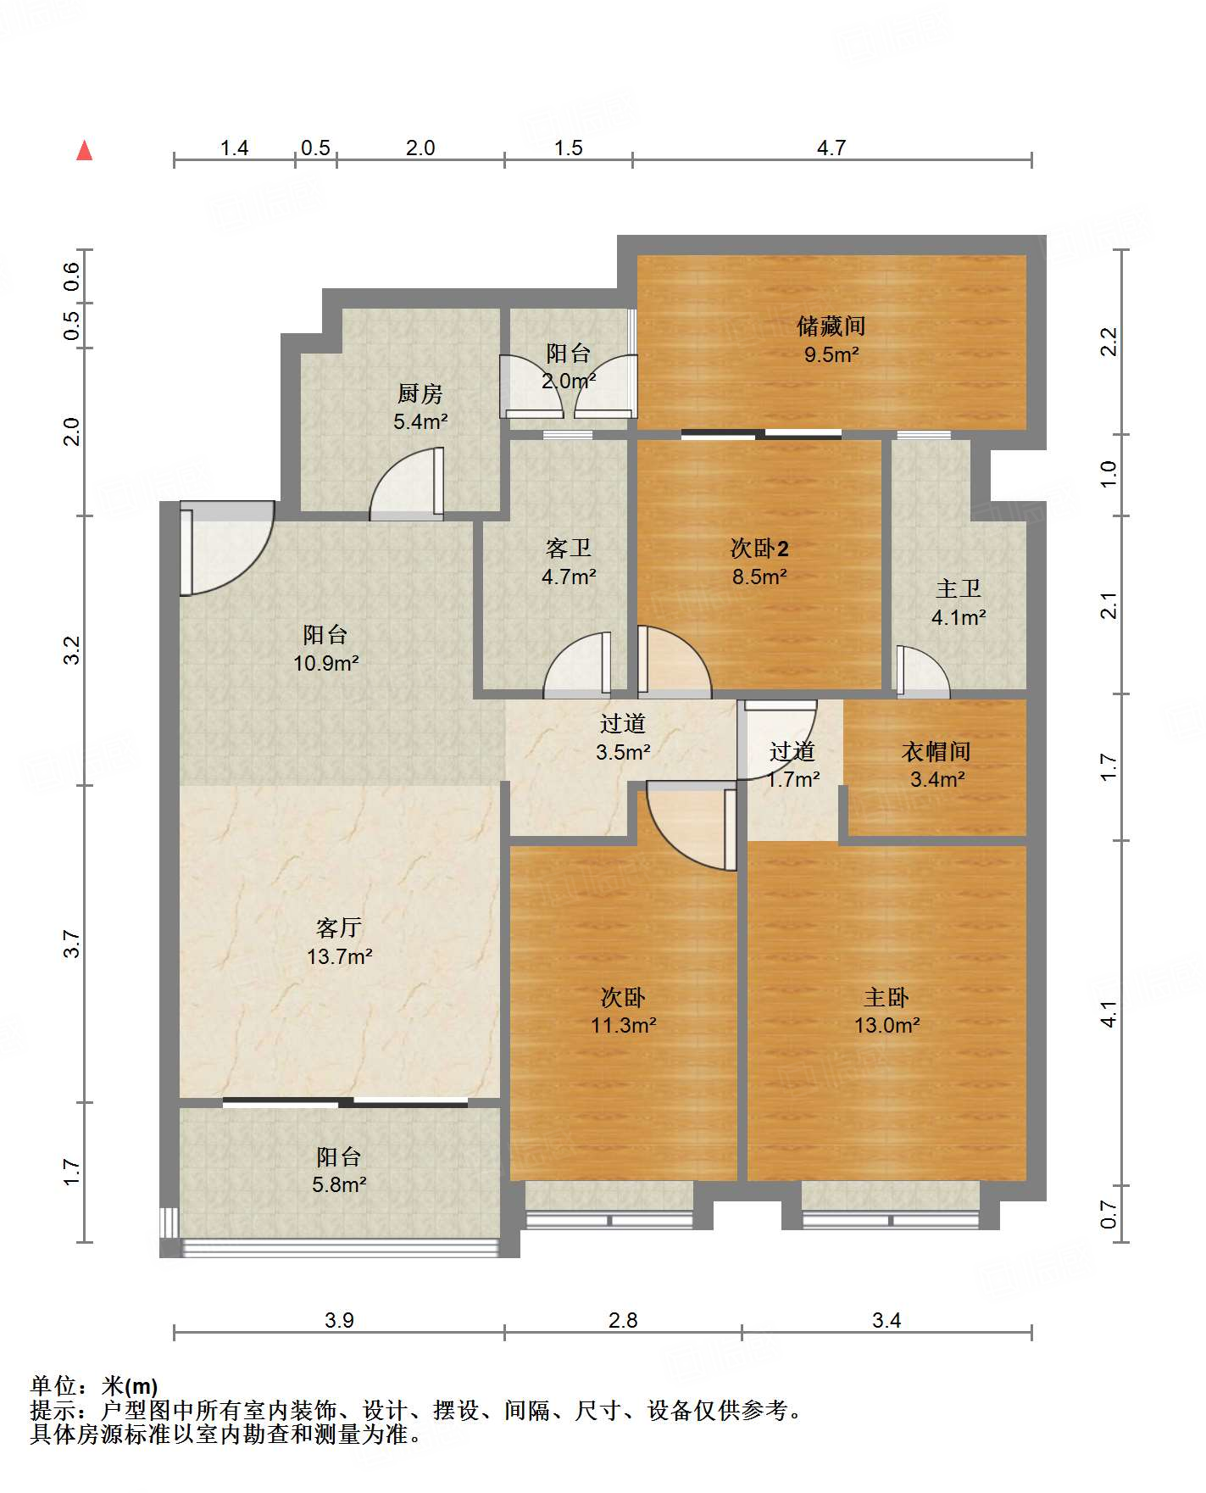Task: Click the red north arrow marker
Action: click(x=84, y=150)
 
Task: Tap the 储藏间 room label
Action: click(x=831, y=326)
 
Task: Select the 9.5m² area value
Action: click(x=831, y=354)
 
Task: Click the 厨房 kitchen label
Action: click(x=420, y=393)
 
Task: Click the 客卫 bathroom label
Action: click(x=569, y=549)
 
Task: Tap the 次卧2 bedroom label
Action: click(x=759, y=549)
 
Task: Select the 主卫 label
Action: click(x=959, y=589)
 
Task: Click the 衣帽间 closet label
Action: click(x=936, y=751)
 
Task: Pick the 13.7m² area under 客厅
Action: click(x=340, y=956)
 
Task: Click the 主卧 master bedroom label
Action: click(x=886, y=997)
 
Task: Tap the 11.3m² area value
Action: click(x=624, y=1025)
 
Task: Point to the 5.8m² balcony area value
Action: click(x=339, y=1184)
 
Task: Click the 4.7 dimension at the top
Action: click(x=831, y=148)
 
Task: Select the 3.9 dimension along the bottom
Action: click(x=339, y=1320)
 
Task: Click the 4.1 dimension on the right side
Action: click(x=1109, y=1014)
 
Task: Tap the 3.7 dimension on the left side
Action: click(x=72, y=944)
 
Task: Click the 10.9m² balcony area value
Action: click(x=326, y=663)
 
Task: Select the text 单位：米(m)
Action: click(x=93, y=1386)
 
